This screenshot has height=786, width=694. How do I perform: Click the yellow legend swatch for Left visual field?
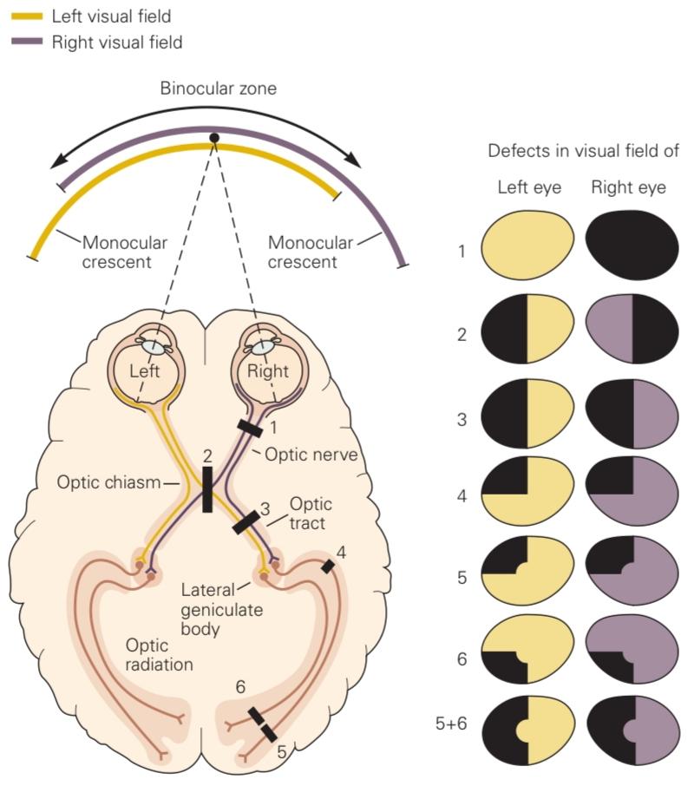click(x=27, y=16)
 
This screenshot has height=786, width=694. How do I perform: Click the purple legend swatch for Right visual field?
click(x=27, y=43)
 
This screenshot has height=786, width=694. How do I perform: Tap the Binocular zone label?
click(x=219, y=88)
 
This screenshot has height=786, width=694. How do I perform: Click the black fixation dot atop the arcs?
click(x=214, y=138)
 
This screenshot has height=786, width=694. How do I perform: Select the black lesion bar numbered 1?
click(x=250, y=429)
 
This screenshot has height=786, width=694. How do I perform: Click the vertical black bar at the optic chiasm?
click(x=207, y=489)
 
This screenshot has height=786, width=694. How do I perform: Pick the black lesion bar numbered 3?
click(x=246, y=522)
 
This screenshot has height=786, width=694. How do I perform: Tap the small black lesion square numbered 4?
click(x=328, y=567)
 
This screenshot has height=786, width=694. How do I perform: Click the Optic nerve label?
click(x=311, y=455)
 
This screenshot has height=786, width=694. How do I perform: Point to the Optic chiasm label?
click(x=108, y=482)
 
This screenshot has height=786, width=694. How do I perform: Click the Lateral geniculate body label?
click(x=221, y=610)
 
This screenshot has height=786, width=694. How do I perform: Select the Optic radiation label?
click(x=159, y=655)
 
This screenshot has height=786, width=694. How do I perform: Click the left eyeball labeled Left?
click(x=145, y=367)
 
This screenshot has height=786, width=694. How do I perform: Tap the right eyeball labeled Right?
click(x=268, y=367)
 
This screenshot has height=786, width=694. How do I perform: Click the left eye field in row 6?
click(x=527, y=649)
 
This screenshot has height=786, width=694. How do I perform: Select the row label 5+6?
click(x=451, y=724)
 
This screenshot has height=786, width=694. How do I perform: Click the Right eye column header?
click(x=628, y=187)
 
